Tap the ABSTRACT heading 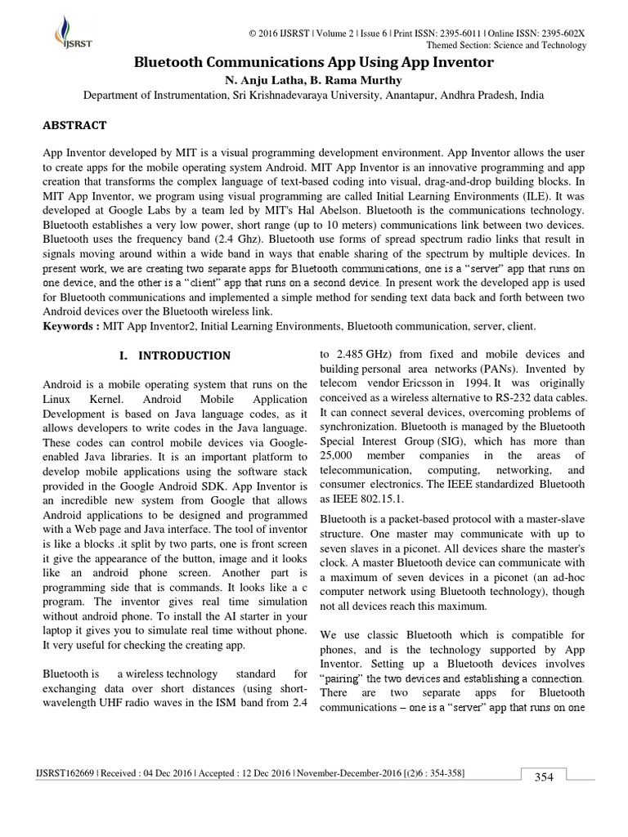pyautogui.click(x=74, y=125)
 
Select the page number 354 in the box pyautogui.click(x=545, y=777)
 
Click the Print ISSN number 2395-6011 pyautogui.click(x=445, y=32)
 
